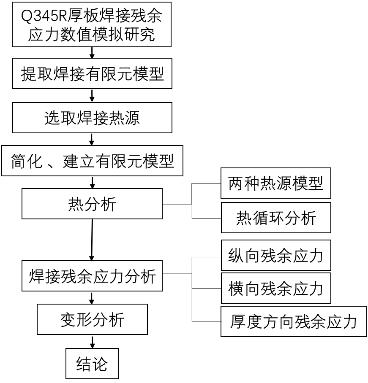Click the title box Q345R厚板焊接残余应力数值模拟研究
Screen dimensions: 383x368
tap(92, 24)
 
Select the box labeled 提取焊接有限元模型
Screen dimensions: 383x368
tap(92, 73)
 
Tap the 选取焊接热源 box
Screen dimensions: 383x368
tap(92, 118)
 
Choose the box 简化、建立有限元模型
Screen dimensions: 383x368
tap(92, 161)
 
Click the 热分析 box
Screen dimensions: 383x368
tap(92, 204)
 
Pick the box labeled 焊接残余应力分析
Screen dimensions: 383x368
tap(92, 276)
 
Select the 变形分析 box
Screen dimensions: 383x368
tap(92, 320)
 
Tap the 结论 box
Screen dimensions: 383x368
tap(92, 364)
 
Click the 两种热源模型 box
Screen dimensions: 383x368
tap(275, 183)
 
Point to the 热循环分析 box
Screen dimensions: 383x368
tap(275, 218)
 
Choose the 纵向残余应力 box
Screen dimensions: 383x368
tap(275, 256)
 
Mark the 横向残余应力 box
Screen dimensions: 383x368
tap(275, 289)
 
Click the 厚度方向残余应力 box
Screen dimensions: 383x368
tap(294, 321)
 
